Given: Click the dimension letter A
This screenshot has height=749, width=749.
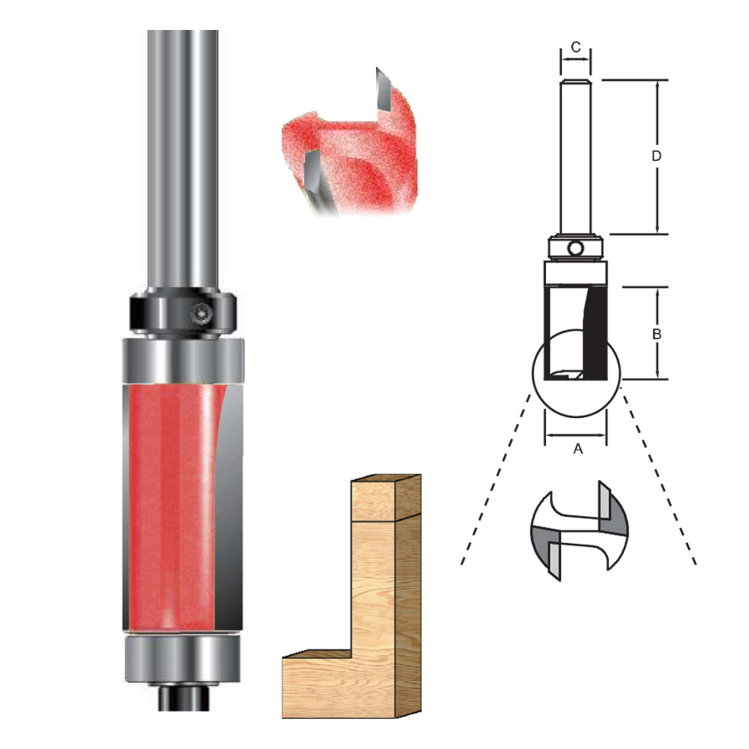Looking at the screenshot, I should pyautogui.click(x=577, y=449).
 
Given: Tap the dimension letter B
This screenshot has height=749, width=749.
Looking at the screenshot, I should pyautogui.click(x=656, y=335).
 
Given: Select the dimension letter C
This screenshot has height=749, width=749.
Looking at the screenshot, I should pyautogui.click(x=575, y=47).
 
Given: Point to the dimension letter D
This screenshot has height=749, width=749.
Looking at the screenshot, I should pyautogui.click(x=656, y=157).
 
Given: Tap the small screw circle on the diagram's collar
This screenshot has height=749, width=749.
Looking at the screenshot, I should pyautogui.click(x=575, y=248).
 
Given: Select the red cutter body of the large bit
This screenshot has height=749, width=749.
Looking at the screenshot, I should pyautogui.click(x=169, y=502).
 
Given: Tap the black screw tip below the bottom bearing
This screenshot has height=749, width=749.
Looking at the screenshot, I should pyautogui.click(x=183, y=700).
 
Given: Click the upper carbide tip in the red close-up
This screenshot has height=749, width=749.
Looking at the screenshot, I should pyautogui.click(x=382, y=90).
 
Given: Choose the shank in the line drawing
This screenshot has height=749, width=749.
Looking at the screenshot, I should pyautogui.click(x=575, y=157).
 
